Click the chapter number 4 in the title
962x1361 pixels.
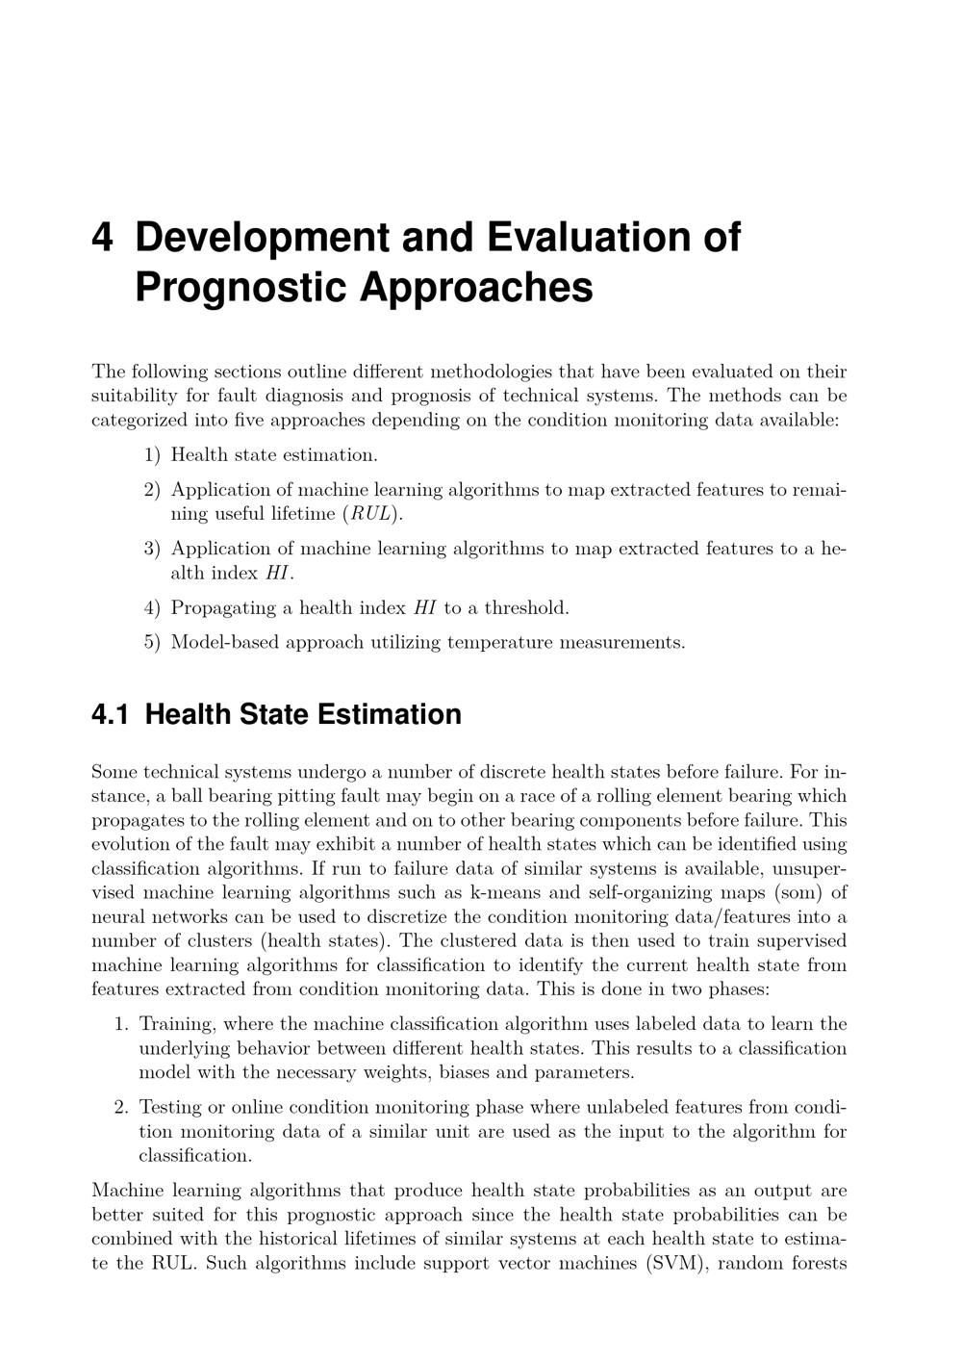pos(102,237)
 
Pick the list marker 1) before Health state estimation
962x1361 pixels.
pos(152,454)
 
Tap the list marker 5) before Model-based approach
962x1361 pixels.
pos(152,642)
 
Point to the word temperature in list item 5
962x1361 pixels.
pos(501,642)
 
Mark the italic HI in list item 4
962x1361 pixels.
pos(424,607)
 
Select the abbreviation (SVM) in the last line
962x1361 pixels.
pos(674,1263)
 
